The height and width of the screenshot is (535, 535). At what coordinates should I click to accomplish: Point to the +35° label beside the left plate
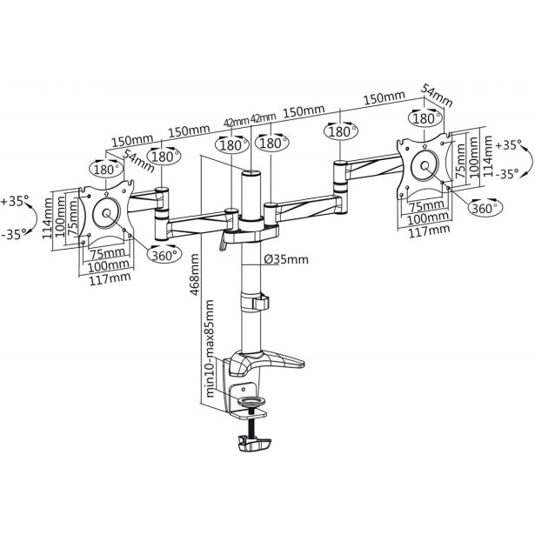click(x=15, y=201)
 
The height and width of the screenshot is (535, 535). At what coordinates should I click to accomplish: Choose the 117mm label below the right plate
click(x=428, y=230)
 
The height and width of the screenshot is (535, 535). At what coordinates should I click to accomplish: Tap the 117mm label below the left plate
click(x=104, y=278)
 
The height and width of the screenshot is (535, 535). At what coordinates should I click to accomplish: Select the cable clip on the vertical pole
click(x=258, y=303)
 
